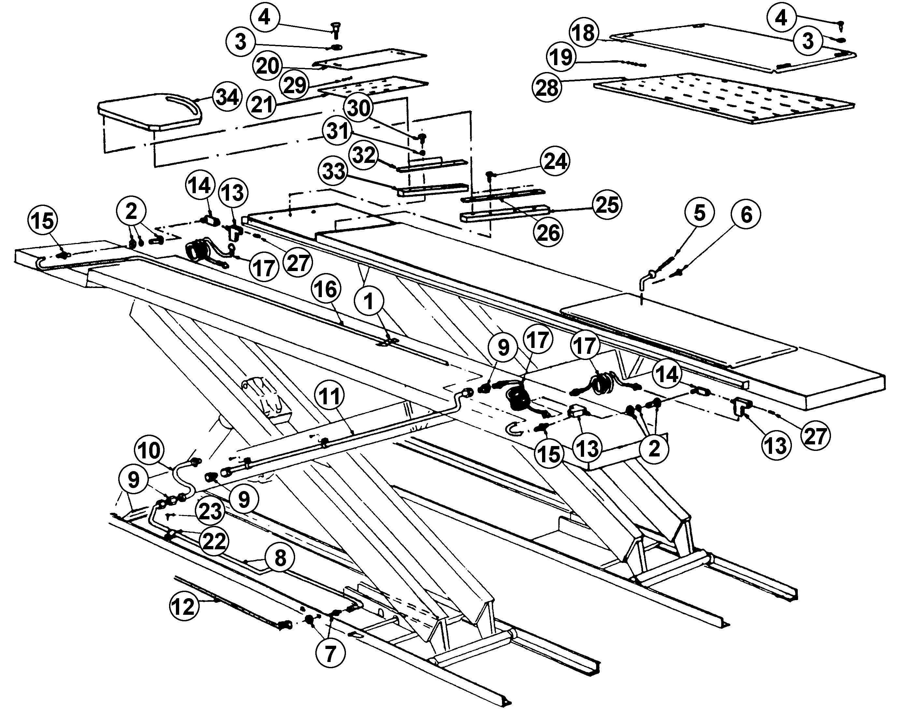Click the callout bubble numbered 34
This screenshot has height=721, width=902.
228,97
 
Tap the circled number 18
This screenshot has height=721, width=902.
584,32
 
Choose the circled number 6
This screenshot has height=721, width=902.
746,214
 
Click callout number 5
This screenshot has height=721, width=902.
699,213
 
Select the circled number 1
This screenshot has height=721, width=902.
368,301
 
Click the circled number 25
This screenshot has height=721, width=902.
607,205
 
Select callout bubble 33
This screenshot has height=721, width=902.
334,171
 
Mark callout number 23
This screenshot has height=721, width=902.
210,511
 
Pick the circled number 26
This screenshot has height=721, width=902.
549,232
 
